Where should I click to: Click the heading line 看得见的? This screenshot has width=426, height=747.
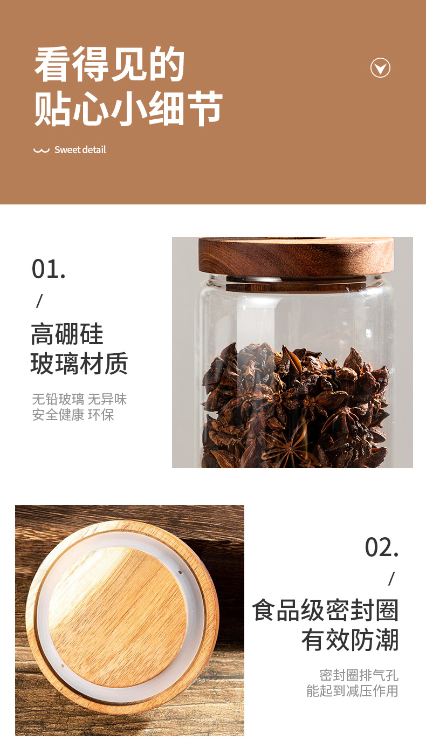(109, 65)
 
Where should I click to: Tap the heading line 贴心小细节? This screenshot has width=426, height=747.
(128, 108)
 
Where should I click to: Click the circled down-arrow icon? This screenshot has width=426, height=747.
(380, 68)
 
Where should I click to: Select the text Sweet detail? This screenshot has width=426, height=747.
(80, 150)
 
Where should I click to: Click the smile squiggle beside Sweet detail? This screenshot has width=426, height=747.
(41, 150)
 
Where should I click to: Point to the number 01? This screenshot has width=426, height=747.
(49, 269)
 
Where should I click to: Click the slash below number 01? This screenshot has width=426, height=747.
(39, 301)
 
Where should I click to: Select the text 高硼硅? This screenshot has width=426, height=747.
(67, 334)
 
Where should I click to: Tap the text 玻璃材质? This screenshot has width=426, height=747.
(79, 364)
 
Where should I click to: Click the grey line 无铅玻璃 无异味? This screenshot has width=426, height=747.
(79, 399)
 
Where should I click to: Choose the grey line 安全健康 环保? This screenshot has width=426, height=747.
(73, 415)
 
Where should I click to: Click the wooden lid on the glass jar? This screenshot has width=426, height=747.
(296, 256)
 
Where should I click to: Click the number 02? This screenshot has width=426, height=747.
(382, 547)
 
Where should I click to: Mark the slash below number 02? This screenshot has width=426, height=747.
(391, 579)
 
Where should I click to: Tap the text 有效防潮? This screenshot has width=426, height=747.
(350, 641)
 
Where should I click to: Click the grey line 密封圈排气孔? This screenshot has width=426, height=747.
(359, 675)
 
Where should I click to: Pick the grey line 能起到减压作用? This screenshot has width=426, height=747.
(352, 691)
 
